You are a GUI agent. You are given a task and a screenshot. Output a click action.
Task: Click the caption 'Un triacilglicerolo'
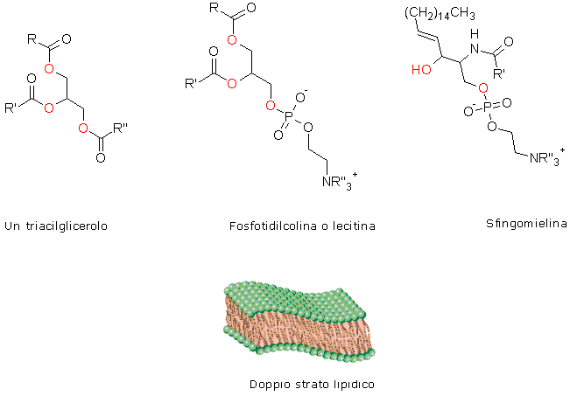click(x=61, y=225)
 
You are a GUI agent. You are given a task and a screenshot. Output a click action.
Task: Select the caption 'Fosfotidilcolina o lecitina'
click(x=300, y=226)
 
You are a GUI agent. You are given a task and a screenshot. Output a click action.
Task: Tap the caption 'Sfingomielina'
click(x=520, y=224)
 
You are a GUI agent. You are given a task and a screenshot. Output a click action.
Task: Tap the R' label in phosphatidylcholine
click(x=189, y=84)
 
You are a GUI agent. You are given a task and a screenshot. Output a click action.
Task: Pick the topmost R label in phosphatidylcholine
click(x=215, y=9)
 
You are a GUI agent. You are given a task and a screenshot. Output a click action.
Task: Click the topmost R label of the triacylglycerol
click(x=32, y=39)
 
